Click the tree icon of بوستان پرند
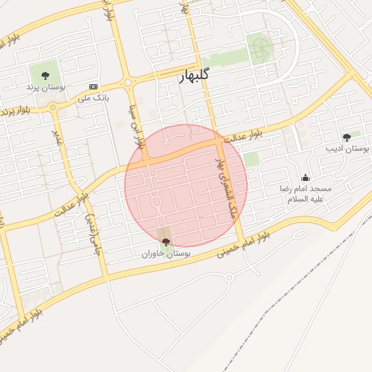[x=45, y=74]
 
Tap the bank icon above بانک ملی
[x=93, y=86]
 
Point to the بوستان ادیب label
[x=347, y=148]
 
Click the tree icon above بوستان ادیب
[x=347, y=137]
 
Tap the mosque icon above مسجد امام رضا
[x=305, y=177]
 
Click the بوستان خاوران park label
[x=166, y=254]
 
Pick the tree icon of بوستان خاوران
[x=166, y=242]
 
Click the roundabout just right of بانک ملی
[x=129, y=83]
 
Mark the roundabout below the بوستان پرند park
[x=53, y=108]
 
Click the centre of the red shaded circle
[x=186, y=185]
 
